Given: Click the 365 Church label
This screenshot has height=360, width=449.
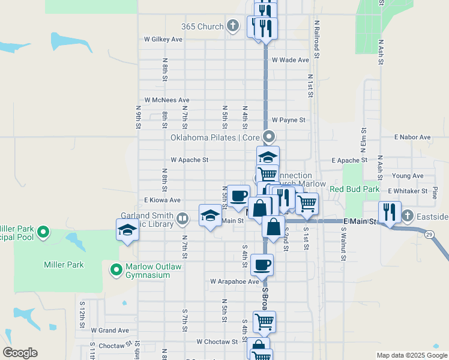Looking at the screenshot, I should [x=202, y=26].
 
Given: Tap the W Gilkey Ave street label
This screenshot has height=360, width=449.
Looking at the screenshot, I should [x=163, y=39].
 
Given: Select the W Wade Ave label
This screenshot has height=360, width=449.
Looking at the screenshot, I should [x=290, y=60].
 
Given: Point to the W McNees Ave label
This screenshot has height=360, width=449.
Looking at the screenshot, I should [x=167, y=100].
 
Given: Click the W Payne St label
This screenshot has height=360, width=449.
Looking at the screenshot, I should [x=289, y=120].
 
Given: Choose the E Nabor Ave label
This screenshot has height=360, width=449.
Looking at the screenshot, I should [x=412, y=137].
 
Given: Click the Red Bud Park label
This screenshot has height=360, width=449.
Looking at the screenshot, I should [x=354, y=189].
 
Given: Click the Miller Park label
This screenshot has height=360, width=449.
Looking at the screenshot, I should [x=64, y=265].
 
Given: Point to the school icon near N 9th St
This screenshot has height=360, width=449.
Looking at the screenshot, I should [x=127, y=230].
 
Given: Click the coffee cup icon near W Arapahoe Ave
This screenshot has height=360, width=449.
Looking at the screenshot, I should [x=262, y=263].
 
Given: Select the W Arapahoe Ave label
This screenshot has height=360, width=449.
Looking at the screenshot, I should [x=235, y=281].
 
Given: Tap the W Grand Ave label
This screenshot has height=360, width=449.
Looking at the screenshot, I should [x=110, y=330].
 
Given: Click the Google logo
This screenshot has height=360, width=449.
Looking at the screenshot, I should [x=20, y=353].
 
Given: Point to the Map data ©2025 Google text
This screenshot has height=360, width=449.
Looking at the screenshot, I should [x=412, y=355].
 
